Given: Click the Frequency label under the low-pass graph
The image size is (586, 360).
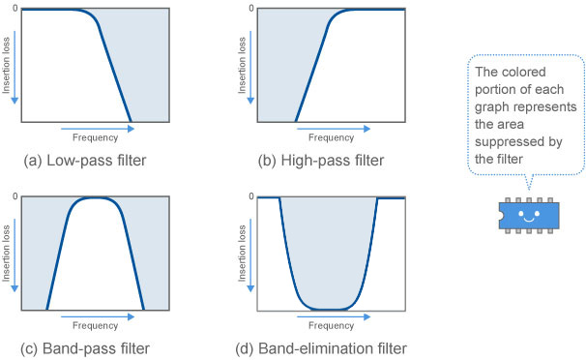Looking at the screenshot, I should [95, 138].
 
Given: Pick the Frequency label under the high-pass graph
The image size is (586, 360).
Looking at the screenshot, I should [330, 138].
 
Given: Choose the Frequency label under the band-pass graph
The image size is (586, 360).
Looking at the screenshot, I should [95, 326].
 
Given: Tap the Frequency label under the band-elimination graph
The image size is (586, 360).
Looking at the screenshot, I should [330, 326].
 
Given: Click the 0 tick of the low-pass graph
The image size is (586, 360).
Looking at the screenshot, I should [13, 8].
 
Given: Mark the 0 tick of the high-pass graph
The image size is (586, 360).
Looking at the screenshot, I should [249, 8].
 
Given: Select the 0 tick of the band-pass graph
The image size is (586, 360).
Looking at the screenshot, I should [13, 197].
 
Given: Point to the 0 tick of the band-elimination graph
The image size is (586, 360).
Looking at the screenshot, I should [249, 197].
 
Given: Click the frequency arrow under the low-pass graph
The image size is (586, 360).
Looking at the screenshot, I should [94, 127].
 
